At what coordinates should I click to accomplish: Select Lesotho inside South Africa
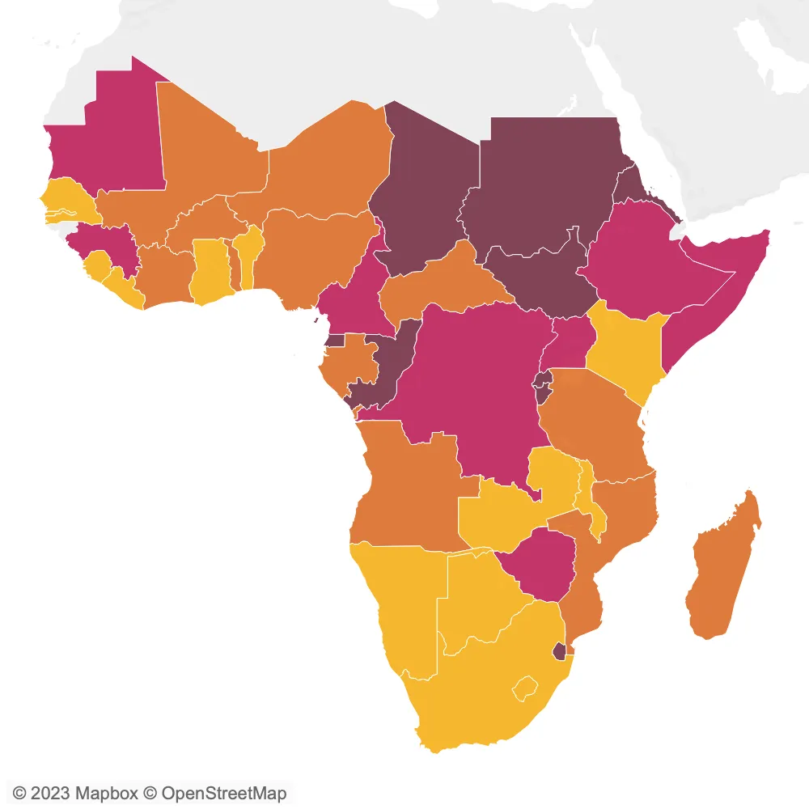[x=526, y=688]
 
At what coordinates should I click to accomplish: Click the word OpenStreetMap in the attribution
[x=223, y=793]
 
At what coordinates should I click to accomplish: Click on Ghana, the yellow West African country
[x=210, y=271]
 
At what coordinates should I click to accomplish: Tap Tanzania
[x=595, y=421]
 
